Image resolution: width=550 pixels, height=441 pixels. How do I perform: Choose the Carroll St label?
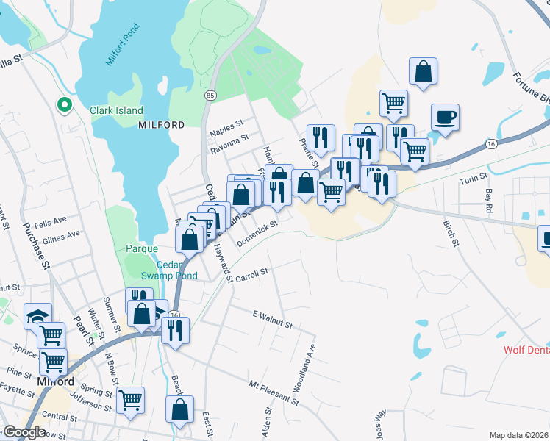(x=252, y=273)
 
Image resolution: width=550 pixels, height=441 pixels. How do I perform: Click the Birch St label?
(x=450, y=232)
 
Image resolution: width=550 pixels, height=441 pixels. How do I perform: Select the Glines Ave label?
(x=62, y=235)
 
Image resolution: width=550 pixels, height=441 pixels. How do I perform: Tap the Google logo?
(x=24, y=432)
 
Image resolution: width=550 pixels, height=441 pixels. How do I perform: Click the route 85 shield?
(x=210, y=96)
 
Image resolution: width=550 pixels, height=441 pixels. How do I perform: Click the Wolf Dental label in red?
(x=526, y=350)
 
